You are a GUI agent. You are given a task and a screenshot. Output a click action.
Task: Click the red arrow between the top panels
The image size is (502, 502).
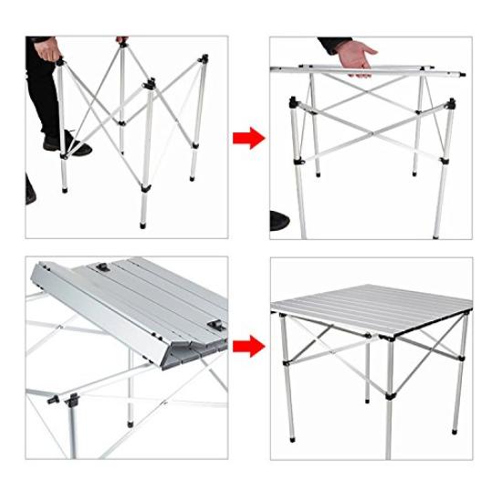click(248, 138)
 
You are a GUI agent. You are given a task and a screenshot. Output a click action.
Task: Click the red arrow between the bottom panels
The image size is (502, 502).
click(248, 348)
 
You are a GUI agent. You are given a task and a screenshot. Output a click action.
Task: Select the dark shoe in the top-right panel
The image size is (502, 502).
click(277, 220)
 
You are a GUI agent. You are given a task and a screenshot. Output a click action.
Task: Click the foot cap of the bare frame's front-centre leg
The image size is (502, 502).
click(144, 221)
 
